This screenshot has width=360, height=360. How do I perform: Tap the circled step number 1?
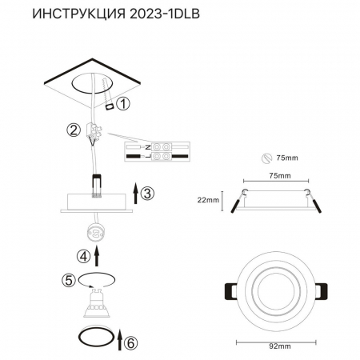(x=122, y=104)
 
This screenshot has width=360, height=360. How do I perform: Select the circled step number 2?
(x=74, y=130)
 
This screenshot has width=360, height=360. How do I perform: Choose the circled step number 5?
(x=69, y=280)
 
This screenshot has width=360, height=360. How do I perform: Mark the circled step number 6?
(x=132, y=342)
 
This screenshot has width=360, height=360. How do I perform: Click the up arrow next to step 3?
(x=135, y=192)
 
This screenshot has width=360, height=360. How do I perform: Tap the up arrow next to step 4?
(x=97, y=256)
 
